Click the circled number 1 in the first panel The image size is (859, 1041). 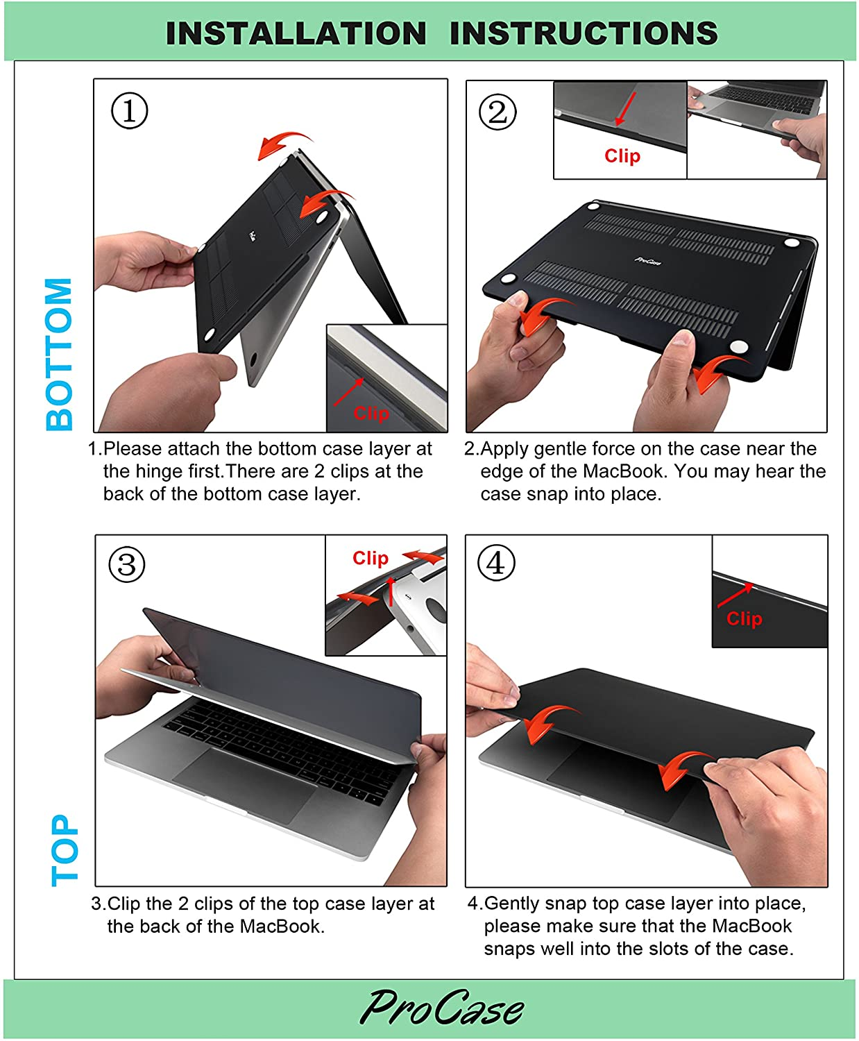coord(130,110)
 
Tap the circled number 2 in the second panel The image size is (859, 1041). coord(497,112)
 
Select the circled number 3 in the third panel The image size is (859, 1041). coord(127,564)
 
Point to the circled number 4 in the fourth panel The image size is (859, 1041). coord(496,563)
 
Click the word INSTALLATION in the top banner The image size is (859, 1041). coord(296,33)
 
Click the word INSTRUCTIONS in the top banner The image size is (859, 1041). coord(584,33)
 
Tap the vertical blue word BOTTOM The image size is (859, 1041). coord(60,354)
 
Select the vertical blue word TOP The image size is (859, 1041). coord(65,850)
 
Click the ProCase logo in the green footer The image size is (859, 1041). coord(441,1008)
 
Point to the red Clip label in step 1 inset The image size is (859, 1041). coord(371,414)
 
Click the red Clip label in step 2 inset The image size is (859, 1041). coord(622,156)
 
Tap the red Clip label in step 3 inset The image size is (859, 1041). coord(370,558)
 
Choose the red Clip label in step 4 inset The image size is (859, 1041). coord(744,618)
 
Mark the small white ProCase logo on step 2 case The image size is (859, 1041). coord(648,261)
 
